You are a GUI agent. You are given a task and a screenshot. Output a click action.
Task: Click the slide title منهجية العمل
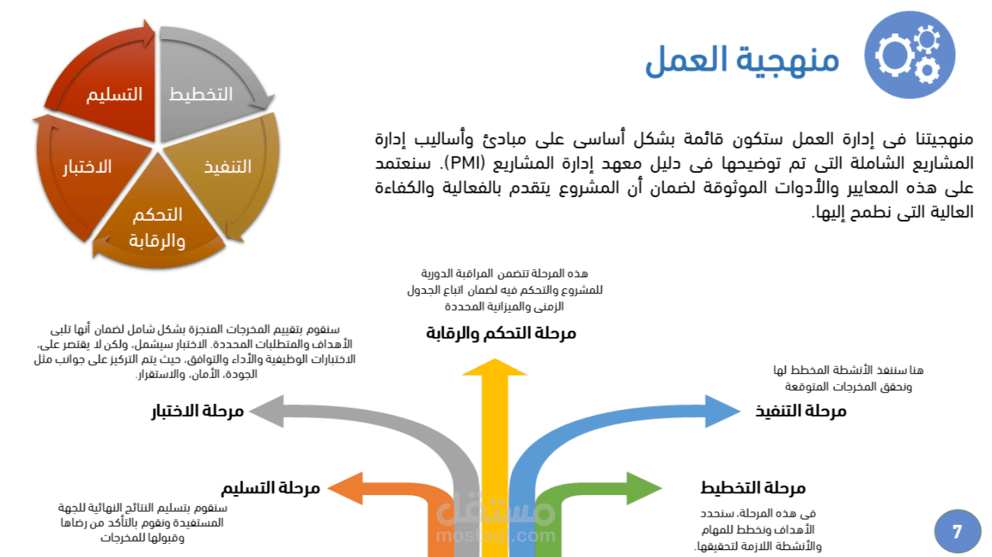click(742, 60)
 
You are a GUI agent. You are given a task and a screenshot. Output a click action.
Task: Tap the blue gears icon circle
click(910, 55)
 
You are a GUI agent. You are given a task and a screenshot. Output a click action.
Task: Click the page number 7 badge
click(957, 531)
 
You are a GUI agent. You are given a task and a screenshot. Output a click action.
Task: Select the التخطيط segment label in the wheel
click(200, 94)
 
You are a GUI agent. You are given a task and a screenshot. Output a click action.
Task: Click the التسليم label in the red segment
click(114, 94)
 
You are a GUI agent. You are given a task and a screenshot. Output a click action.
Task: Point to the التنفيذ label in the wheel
click(228, 167)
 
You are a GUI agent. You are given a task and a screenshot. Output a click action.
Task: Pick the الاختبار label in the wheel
click(87, 167)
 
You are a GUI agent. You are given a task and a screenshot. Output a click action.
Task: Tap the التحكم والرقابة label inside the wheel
click(157, 228)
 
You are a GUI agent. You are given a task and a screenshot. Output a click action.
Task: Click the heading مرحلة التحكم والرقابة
click(501, 334)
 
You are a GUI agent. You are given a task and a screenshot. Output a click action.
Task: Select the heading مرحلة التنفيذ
click(801, 411)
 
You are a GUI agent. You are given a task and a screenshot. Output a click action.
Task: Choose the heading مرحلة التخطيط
click(753, 488)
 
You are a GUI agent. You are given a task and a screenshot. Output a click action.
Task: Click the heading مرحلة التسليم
click(270, 488)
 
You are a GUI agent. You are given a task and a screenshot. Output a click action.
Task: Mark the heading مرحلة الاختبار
click(198, 411)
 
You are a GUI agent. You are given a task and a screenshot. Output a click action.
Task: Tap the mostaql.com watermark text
click(496, 535)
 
